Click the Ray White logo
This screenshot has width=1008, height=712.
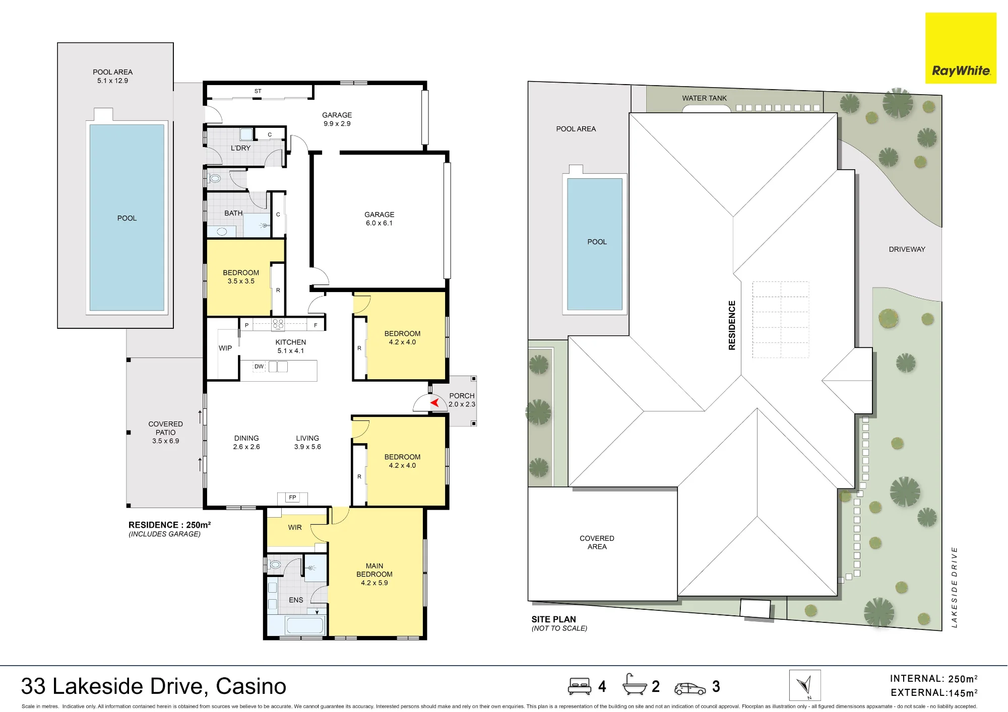click(x=961, y=48)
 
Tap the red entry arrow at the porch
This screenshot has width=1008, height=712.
click(x=435, y=402)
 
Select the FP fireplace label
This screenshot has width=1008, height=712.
click(x=292, y=497)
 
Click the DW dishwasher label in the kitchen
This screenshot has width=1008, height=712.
click(x=259, y=367)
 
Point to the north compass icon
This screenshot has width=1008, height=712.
click(x=805, y=685)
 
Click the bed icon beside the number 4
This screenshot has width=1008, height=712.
click(x=580, y=686)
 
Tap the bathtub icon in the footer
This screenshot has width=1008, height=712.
click(x=635, y=684)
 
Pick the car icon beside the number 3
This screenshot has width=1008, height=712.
click(x=690, y=688)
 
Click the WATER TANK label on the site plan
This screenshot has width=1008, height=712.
click(x=704, y=98)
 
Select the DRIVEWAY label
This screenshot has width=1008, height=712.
click(x=907, y=249)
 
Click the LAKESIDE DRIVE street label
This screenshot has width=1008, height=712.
click(x=954, y=587)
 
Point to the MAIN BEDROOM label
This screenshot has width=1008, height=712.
click(x=374, y=570)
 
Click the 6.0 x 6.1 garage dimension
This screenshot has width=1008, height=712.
click(x=379, y=223)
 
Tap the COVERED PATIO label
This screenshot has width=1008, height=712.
click(x=166, y=428)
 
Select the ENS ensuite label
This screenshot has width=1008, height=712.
click(x=296, y=600)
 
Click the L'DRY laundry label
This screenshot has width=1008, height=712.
click(x=240, y=148)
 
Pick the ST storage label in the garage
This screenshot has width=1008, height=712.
click(x=258, y=91)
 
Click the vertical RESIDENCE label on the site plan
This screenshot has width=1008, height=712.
click(x=732, y=325)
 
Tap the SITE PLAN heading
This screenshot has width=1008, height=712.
click(x=553, y=619)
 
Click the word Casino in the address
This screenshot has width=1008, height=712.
click(x=251, y=686)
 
